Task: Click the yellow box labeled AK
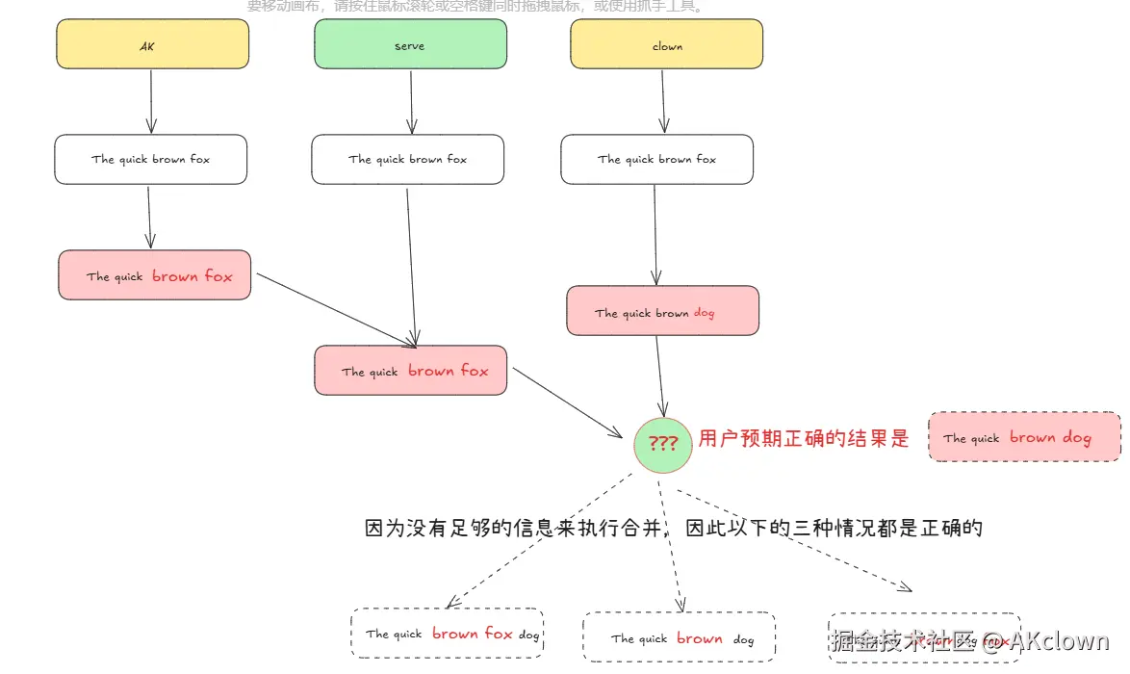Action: [x=152, y=44]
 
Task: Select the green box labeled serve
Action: [x=410, y=44]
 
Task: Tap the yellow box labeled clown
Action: [x=666, y=44]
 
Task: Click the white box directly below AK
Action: [x=151, y=159]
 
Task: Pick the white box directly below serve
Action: [x=407, y=159]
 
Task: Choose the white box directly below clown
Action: [x=656, y=159]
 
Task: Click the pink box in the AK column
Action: [x=155, y=275]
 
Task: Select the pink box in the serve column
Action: [x=411, y=371]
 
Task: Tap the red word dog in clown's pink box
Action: [x=704, y=313]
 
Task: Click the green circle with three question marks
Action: [x=662, y=444]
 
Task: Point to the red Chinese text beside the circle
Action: [x=804, y=439]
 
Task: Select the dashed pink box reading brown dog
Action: [x=1025, y=437]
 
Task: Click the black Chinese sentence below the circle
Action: [x=673, y=528]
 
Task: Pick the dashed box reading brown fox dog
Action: [x=448, y=634]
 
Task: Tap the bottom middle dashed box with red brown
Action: [x=680, y=637]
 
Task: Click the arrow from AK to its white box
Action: [x=151, y=101]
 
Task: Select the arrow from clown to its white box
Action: [x=663, y=101]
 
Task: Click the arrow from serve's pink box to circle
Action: [x=568, y=402]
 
